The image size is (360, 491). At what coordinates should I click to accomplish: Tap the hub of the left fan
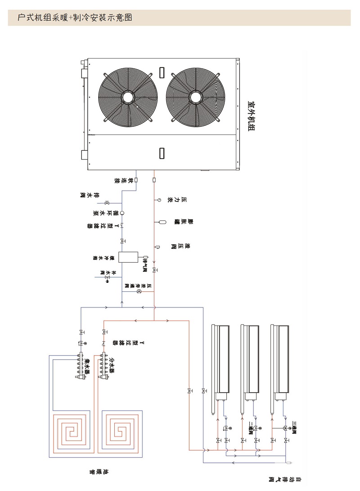[128, 97]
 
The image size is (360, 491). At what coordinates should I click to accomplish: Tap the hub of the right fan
[196, 97]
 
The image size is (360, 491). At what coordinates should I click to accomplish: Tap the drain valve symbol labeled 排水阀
[107, 202]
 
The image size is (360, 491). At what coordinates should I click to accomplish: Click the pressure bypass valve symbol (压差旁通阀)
[139, 292]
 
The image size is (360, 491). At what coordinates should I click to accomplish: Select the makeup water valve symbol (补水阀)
[107, 278]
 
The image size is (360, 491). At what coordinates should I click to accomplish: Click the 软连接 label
[123, 180]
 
